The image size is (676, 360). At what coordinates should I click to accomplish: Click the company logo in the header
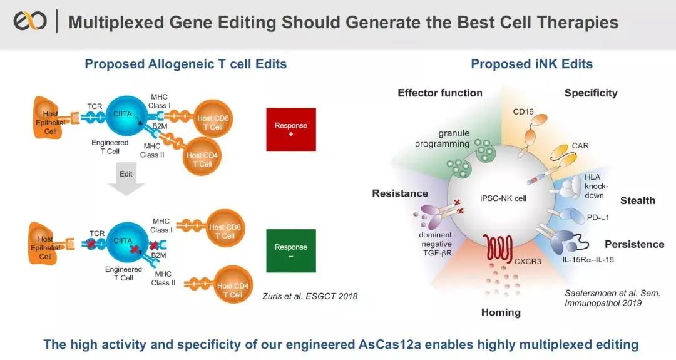click(x=30, y=21)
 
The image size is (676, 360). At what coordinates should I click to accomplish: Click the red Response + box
click(x=291, y=130)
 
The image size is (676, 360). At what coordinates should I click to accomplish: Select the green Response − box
click(x=291, y=250)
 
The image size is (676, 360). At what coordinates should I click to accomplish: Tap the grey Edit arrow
click(x=126, y=181)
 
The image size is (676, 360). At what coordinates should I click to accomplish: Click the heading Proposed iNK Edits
click(x=531, y=64)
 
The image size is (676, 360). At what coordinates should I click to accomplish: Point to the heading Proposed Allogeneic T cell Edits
click(x=186, y=64)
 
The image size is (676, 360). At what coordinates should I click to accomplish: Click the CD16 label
click(x=523, y=111)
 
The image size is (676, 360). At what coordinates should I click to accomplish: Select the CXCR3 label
click(x=527, y=261)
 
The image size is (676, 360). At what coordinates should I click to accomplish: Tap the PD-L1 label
click(x=598, y=217)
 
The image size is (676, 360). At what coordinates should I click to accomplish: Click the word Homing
click(x=501, y=312)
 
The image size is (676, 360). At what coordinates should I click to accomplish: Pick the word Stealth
click(x=638, y=200)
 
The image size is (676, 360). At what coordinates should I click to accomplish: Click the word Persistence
click(x=635, y=244)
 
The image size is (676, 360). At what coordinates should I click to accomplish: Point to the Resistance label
click(x=400, y=193)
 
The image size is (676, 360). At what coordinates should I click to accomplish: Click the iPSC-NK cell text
click(x=503, y=198)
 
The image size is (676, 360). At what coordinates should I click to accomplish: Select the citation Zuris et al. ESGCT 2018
click(x=310, y=296)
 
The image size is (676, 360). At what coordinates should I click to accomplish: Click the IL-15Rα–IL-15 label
click(x=588, y=260)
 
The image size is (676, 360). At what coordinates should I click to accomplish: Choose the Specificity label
click(x=591, y=93)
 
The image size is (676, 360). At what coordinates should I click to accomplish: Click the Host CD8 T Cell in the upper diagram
click(x=213, y=118)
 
